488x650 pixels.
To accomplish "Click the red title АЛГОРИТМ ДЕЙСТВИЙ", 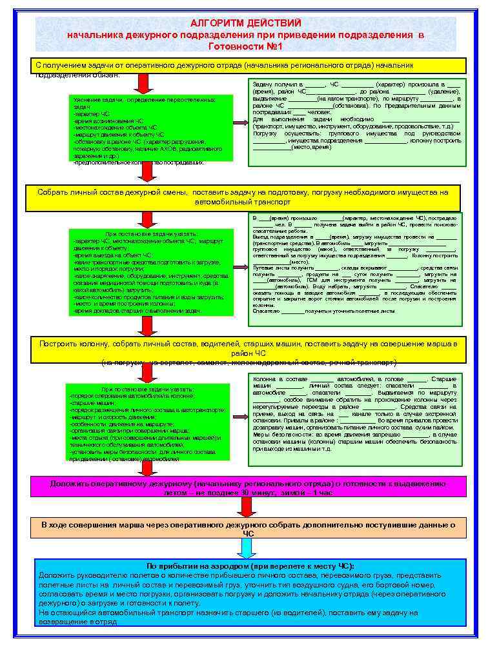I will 245,23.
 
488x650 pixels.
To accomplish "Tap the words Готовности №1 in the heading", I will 245,46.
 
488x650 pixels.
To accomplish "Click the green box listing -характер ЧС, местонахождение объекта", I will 147,271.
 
